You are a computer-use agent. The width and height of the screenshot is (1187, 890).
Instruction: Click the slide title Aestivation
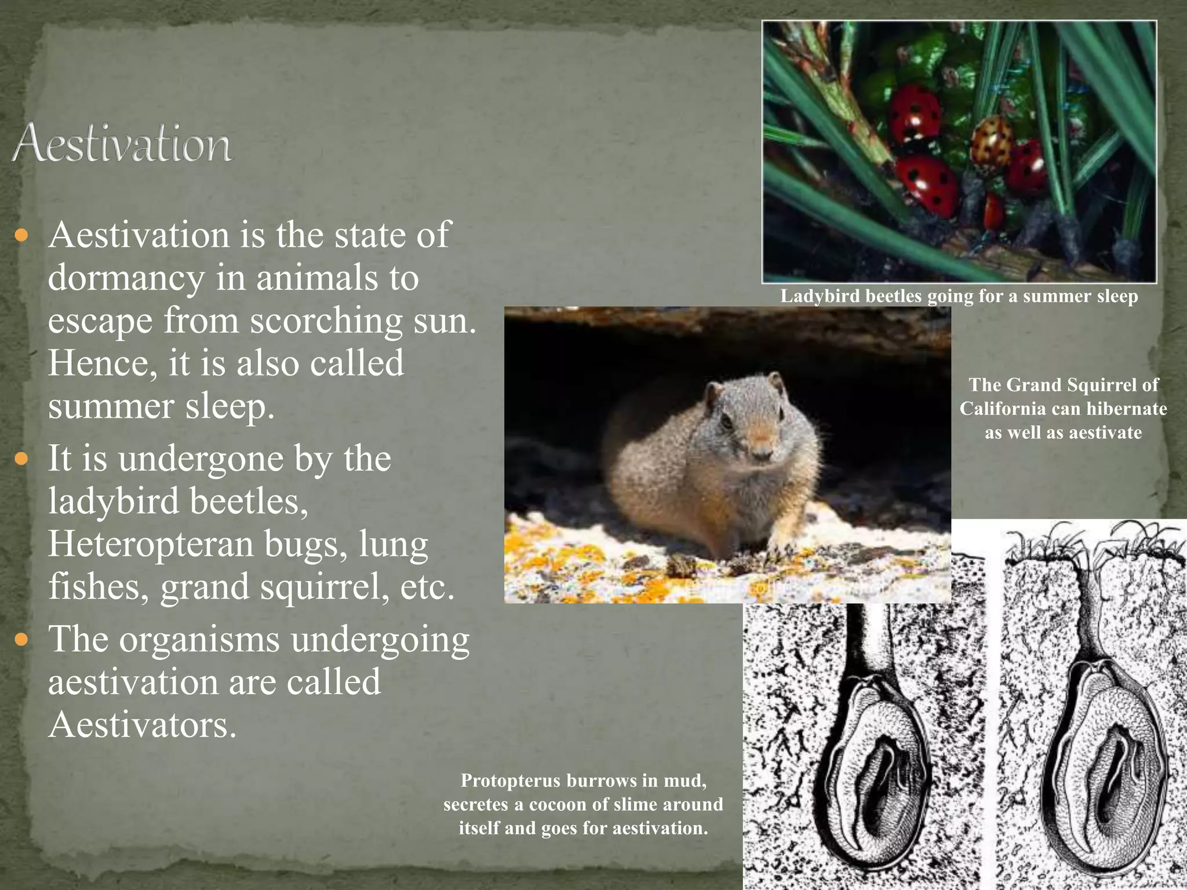122,143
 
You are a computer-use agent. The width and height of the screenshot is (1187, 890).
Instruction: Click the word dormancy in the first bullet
126,278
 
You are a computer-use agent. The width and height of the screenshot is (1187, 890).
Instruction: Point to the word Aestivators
142,724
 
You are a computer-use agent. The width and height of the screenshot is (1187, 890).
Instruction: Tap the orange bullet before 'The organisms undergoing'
21,640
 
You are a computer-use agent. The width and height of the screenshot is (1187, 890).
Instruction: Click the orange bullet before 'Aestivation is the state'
21,236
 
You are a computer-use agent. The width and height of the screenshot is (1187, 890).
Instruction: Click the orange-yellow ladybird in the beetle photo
992,141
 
